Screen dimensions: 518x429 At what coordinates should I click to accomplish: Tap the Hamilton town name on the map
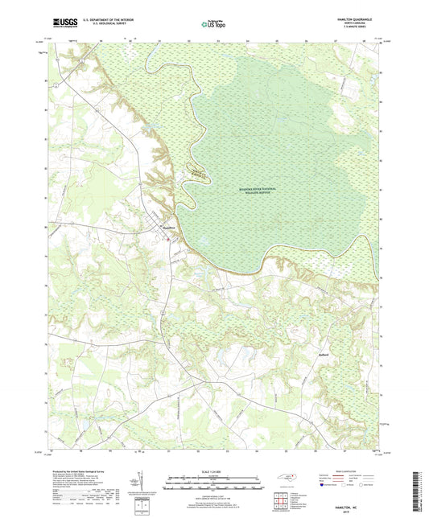[x=167, y=228]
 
